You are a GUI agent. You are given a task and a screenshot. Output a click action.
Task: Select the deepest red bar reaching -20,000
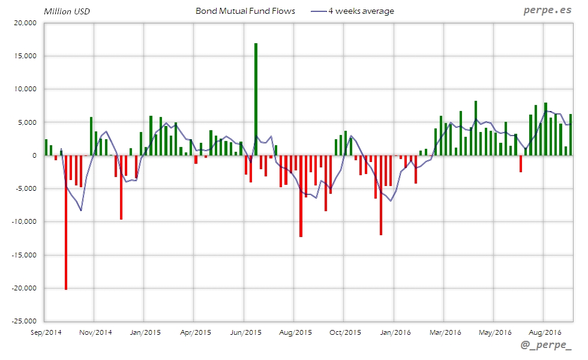[x=66, y=222]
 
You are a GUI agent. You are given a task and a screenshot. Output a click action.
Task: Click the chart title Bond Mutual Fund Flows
[x=245, y=11]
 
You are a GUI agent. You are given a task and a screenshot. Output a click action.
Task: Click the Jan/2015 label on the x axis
[x=145, y=332]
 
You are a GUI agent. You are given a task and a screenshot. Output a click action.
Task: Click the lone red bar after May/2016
[x=521, y=164]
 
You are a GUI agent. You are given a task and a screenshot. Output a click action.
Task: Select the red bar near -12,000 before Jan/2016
[x=381, y=195]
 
